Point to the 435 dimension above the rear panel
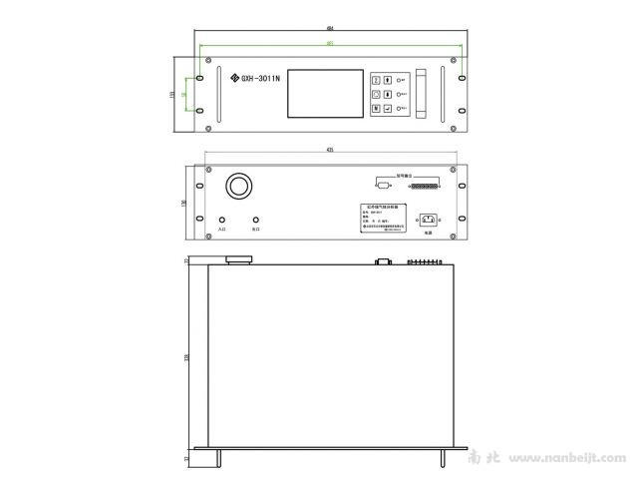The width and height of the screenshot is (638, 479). (x=330, y=149)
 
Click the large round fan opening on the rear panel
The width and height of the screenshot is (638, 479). (x=239, y=186)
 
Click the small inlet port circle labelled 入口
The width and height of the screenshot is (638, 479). (x=222, y=220)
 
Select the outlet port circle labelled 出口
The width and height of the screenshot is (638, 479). (x=257, y=220)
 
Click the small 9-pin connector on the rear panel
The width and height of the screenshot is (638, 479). (x=382, y=185)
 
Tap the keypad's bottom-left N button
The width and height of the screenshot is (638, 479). (x=376, y=112)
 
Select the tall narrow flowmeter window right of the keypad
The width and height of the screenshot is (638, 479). (x=421, y=94)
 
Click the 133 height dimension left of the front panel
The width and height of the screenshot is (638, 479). (x=173, y=94)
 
